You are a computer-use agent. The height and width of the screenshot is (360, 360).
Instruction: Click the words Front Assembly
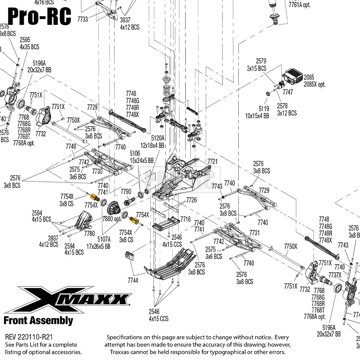pyautogui.click(x=38, y=320)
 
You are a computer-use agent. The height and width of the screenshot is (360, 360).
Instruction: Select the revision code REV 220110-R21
pyautogui.click(x=29, y=337)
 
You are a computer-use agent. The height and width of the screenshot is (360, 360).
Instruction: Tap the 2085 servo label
pyautogui.click(x=309, y=77)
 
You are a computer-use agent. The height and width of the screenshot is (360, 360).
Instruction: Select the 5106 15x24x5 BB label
pyautogui.click(x=141, y=157)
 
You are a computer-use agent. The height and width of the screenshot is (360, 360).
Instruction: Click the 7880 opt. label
pyautogui.click(x=112, y=219)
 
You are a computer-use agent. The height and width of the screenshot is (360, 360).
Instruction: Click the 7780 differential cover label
pyautogui.click(x=89, y=234)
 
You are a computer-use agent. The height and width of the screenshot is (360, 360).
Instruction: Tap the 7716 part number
pyautogui.click(x=185, y=219)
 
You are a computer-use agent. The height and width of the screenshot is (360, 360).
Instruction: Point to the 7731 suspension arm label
pyautogui.click(x=254, y=233)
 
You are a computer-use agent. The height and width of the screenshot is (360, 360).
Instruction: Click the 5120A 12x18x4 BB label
pyautogui.click(x=157, y=141)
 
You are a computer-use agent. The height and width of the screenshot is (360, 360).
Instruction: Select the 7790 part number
pyautogui.click(x=126, y=191)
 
